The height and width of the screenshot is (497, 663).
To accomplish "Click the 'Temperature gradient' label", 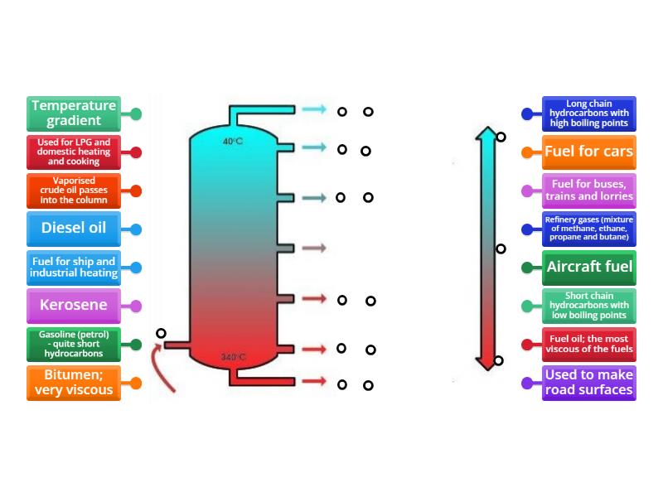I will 74,113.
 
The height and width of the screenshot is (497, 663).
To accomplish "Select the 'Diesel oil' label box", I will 74,229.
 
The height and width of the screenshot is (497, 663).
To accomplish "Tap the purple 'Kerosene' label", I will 74,305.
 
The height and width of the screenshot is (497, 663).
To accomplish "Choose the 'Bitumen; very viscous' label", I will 74,383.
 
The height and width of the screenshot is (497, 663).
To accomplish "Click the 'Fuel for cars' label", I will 588,152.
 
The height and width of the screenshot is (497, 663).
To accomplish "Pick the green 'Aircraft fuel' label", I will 588,267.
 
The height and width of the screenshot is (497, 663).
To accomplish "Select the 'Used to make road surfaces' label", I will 588,383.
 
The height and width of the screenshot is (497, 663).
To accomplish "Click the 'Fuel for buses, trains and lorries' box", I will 588,191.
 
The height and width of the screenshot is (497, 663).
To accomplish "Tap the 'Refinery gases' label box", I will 588,229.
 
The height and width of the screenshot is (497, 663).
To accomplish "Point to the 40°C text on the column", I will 233,142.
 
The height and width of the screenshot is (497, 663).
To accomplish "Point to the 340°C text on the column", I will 233,358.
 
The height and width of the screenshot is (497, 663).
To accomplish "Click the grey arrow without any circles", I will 313,248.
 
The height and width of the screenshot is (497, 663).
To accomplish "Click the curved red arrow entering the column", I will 161,369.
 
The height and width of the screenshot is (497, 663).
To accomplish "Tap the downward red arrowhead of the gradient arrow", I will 486,363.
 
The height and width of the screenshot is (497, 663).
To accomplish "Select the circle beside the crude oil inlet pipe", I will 161,333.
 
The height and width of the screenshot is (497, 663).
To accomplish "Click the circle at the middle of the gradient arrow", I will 501,248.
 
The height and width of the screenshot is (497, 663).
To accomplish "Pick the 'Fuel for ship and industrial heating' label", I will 74,267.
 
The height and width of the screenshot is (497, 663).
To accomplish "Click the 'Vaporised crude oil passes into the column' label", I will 74,190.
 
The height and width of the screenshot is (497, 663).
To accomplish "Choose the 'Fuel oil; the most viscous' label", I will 588,344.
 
